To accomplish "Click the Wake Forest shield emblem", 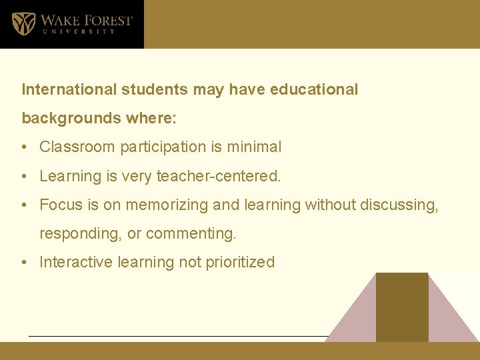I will click(23, 24).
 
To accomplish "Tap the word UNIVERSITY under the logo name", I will click(78, 31).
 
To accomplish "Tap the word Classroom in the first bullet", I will click(74, 147).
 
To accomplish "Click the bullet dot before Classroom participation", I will click(25, 147).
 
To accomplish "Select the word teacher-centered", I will click(219, 176).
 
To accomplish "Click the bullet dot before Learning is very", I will click(25, 177).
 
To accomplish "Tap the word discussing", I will click(399, 205).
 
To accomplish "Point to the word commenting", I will click(190, 234).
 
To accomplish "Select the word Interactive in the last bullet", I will click(76, 262).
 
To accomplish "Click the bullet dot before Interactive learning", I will click(25, 263).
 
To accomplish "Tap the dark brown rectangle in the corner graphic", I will click(401, 307).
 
